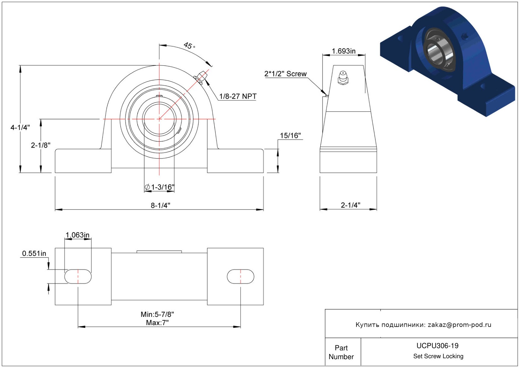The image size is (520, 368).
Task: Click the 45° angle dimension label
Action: pyautogui.click(x=189, y=45)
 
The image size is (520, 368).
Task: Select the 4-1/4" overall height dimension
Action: pyautogui.click(x=20, y=127)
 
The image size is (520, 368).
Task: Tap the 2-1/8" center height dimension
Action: pyautogui.click(x=41, y=145)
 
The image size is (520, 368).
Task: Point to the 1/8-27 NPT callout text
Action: pyautogui.click(x=238, y=96)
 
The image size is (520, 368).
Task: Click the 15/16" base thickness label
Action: pyautogui.click(x=290, y=136)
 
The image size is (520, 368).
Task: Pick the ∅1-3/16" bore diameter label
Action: pyautogui.click(x=159, y=187)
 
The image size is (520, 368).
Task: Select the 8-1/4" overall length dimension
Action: pyautogui.click(x=160, y=205)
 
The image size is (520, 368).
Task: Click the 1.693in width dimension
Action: pyautogui.click(x=344, y=51)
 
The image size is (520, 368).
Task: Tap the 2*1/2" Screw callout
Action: pyautogui.click(x=285, y=74)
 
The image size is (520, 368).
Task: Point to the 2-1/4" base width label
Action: pyautogui.click(x=350, y=205)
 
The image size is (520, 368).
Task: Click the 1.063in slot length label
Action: pyautogui.click(x=78, y=235)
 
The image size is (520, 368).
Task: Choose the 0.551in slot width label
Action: pyautogui.click(x=34, y=253)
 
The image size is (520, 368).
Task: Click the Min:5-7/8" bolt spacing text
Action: pyautogui.click(x=158, y=314)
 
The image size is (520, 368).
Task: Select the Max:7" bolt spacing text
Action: pyautogui.click(x=158, y=323)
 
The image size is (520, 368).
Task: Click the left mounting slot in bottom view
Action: pyautogui.click(x=78, y=276)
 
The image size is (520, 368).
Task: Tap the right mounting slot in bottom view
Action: pyautogui.click(x=241, y=276)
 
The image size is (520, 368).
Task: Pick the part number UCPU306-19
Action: pyautogui.click(x=437, y=346)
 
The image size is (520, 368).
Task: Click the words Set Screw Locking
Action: pyautogui.click(x=438, y=356)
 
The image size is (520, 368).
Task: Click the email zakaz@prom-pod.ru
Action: pyautogui.click(x=459, y=324)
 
